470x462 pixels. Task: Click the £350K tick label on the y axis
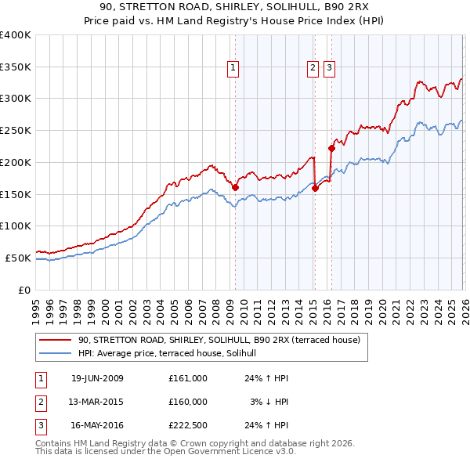click(x=16, y=67)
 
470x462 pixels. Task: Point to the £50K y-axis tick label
click(x=18, y=258)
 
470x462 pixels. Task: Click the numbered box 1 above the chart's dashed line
click(x=233, y=69)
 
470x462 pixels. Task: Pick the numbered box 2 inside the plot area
click(x=313, y=69)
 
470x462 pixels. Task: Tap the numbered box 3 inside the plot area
click(x=328, y=69)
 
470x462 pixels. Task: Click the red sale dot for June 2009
click(x=235, y=187)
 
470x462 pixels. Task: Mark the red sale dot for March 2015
click(x=315, y=188)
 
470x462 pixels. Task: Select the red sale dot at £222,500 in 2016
click(x=331, y=148)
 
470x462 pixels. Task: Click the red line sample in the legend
click(x=55, y=341)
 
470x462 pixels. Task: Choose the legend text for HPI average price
click(x=173, y=354)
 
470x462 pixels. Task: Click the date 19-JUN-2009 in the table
click(x=97, y=378)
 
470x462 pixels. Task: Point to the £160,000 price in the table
click(x=187, y=402)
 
